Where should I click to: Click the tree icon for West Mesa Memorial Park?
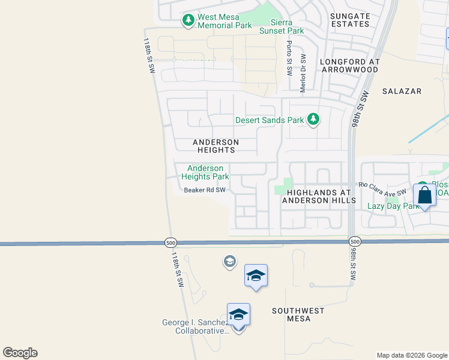pos(188,20)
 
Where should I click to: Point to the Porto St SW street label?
pos(289,58)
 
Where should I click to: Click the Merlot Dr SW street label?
pos(303,71)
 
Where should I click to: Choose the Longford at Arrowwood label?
pos(349,65)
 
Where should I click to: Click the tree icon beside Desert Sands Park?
pos(313,119)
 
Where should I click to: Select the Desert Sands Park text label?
pos(270,120)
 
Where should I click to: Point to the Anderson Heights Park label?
pos(205,173)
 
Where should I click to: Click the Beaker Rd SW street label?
pos(204,190)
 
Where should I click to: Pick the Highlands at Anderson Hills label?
pos(321,196)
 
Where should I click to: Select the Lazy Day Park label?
pos(393,206)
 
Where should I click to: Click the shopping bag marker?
pos(424,196)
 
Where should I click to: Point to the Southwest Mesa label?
pos(298,314)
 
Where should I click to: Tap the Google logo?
pos(20,353)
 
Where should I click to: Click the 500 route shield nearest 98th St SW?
pos(354,241)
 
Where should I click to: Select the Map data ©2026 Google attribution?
pos(411,355)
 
